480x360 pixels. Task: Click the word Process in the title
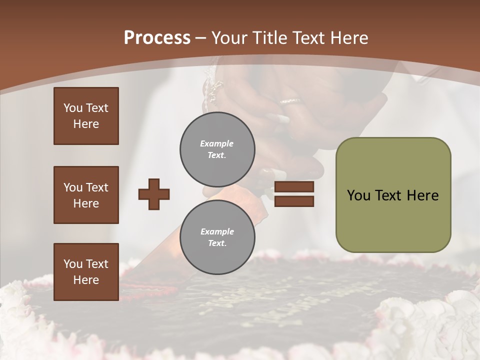click(157, 38)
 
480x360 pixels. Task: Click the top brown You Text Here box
click(86, 116)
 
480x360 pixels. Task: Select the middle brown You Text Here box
click(86, 195)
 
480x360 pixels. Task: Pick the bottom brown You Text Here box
click(86, 272)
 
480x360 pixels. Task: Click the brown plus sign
click(154, 194)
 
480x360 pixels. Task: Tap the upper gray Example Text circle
click(217, 149)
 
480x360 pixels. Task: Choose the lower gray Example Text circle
click(217, 237)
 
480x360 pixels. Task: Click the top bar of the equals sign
click(294, 187)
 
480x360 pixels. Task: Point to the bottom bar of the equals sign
click(294, 201)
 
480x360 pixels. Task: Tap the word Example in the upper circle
click(217, 144)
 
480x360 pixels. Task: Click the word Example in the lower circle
click(217, 232)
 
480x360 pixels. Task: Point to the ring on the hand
click(290, 101)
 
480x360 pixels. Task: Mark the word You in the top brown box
click(72, 108)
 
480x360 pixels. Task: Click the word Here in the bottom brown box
click(86, 280)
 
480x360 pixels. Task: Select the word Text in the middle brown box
click(96, 187)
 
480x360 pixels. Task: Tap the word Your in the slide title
click(229, 38)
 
